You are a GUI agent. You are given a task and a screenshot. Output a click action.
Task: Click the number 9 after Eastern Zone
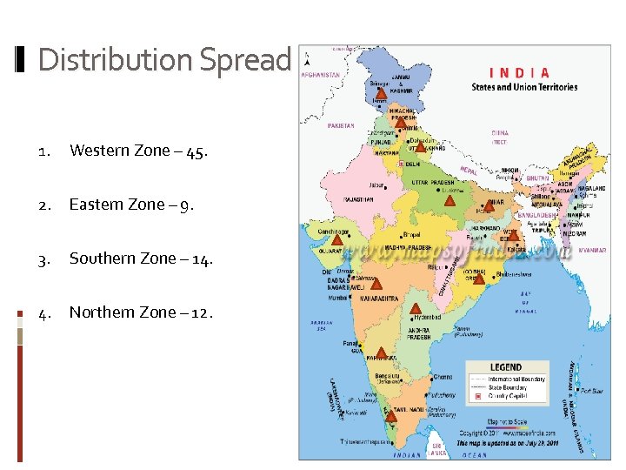pyautogui.click(x=189, y=205)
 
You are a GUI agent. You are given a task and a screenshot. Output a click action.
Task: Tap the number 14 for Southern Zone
pyautogui.click(x=199, y=259)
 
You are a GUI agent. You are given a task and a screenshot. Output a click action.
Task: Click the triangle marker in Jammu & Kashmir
pyautogui.click(x=380, y=90)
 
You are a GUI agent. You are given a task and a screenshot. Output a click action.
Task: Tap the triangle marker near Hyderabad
pyautogui.click(x=415, y=308)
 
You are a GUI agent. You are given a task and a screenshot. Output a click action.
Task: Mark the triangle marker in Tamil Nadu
pyautogui.click(x=391, y=415)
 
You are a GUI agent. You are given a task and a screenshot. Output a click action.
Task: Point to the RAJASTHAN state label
pyautogui.click(x=358, y=199)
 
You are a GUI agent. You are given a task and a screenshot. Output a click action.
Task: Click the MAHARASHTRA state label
pyautogui.click(x=379, y=299)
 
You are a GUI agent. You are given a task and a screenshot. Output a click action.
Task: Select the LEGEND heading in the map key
pyautogui.click(x=506, y=367)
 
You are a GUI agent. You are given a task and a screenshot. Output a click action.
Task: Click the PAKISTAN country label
pyautogui.click(x=341, y=125)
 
